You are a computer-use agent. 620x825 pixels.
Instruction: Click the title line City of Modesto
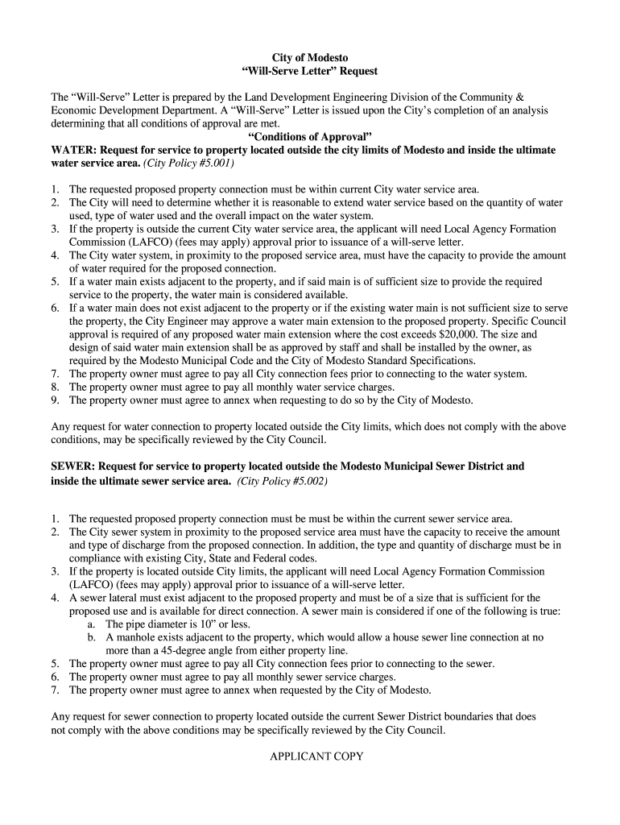coord(310,58)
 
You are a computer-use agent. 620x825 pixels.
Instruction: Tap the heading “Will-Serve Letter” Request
coord(310,71)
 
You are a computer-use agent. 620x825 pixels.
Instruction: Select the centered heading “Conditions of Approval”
coord(310,136)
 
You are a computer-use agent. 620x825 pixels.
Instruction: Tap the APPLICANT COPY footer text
coord(316,757)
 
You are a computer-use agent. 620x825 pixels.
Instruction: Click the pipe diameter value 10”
coord(214,624)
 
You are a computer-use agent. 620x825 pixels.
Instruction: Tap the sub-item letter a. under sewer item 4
coord(92,624)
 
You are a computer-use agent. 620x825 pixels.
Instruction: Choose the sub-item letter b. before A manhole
coord(92,636)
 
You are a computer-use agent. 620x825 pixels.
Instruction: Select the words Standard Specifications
coord(425,360)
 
